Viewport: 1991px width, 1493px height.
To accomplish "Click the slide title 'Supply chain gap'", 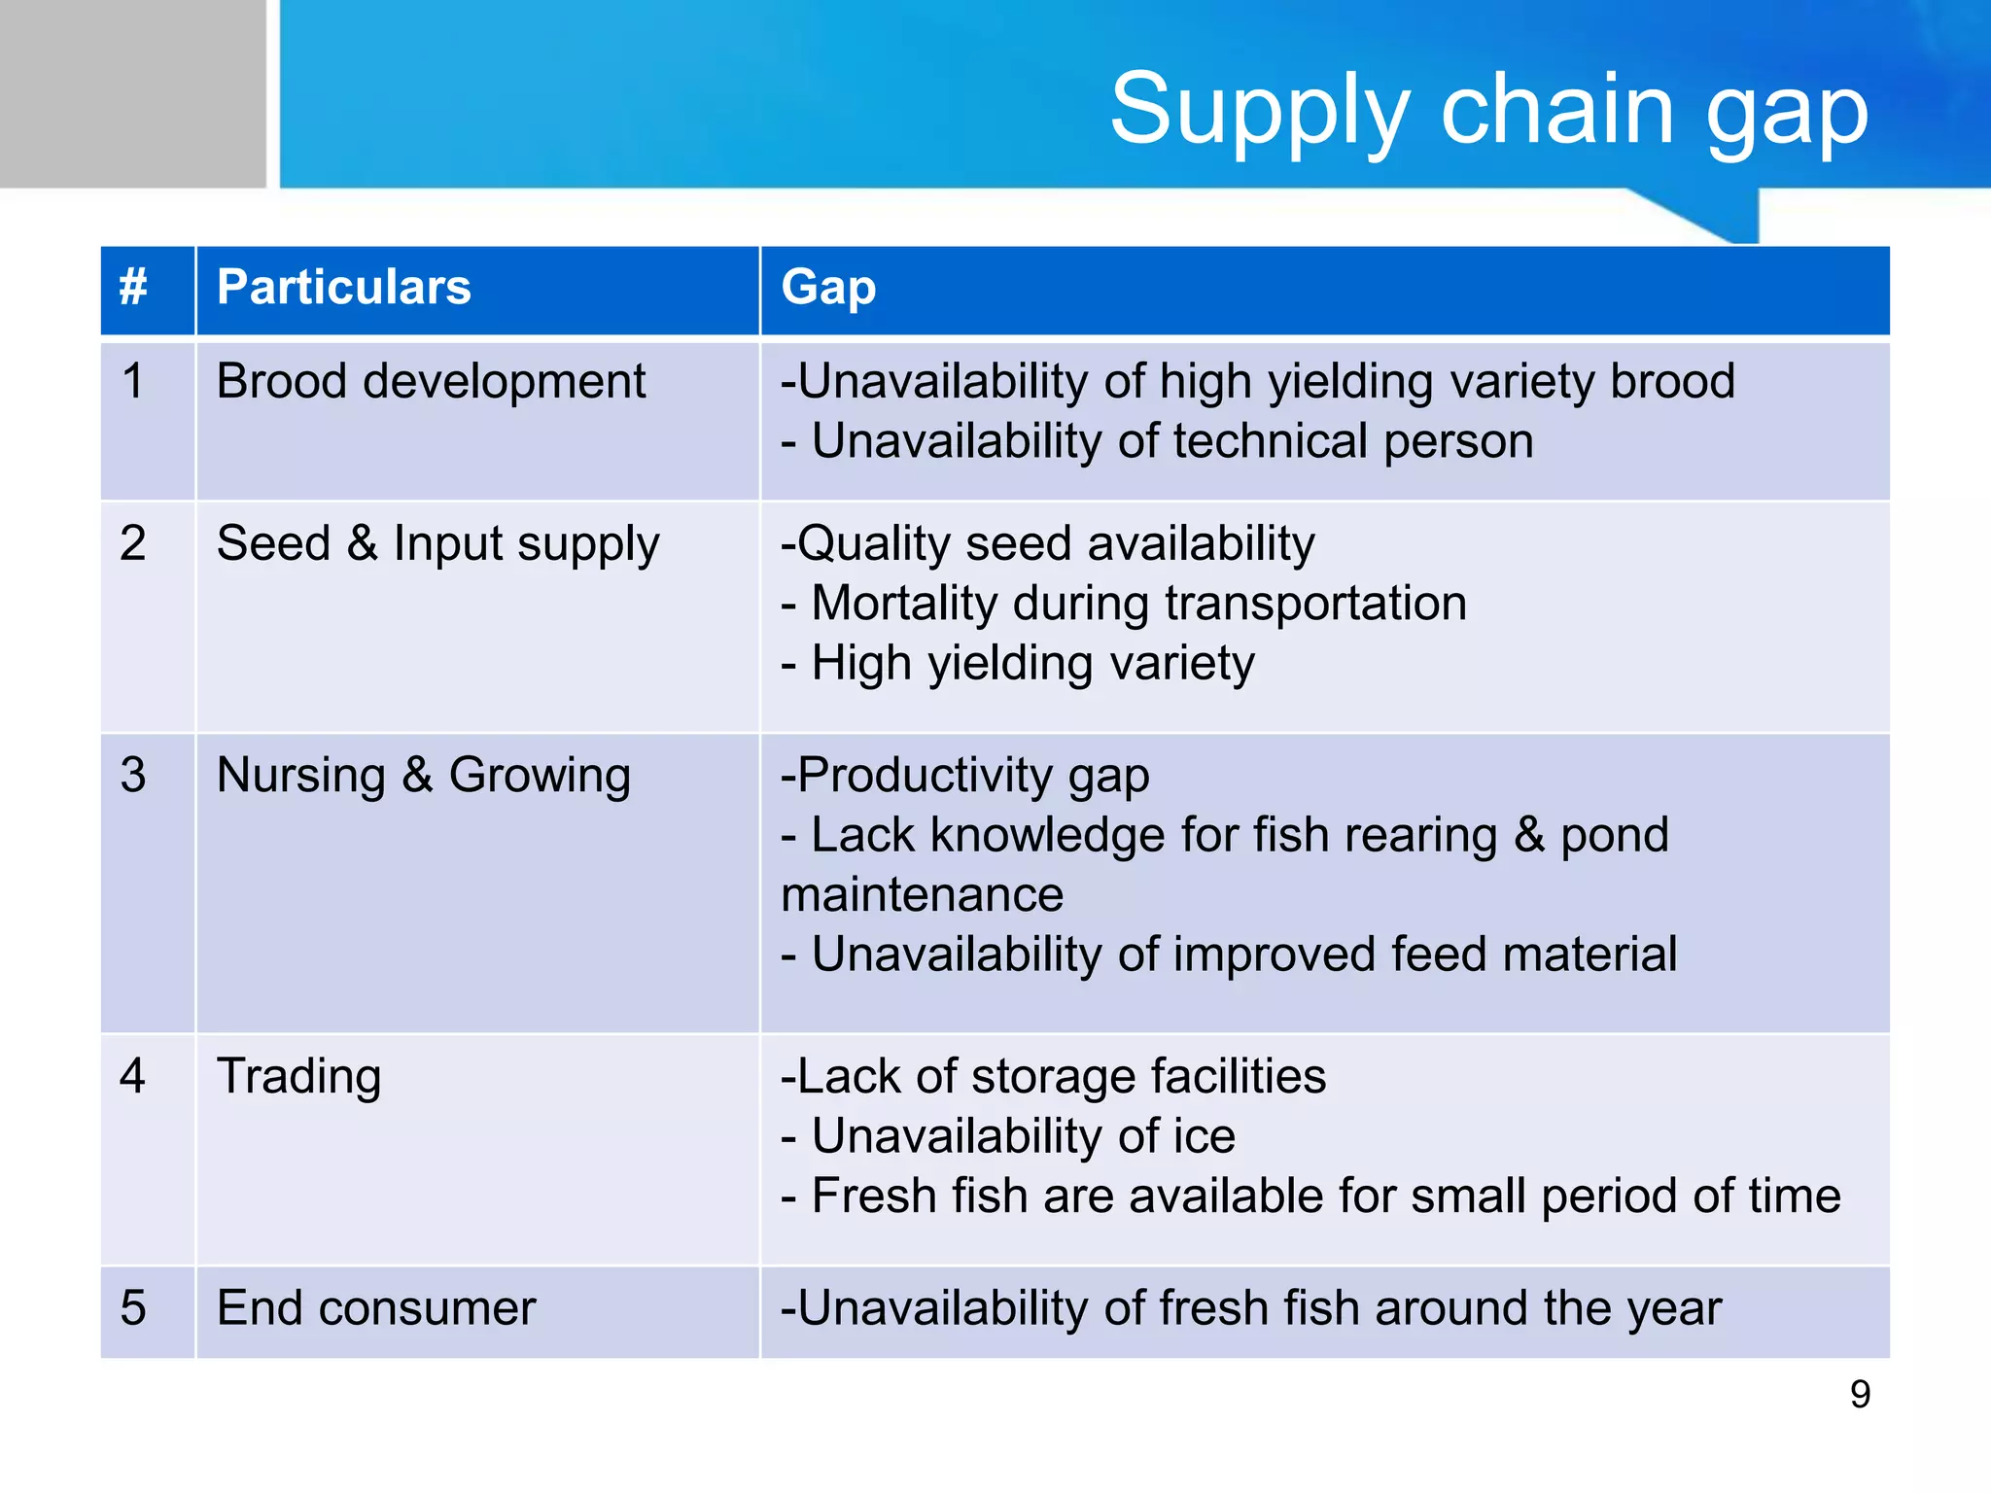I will (1488, 111).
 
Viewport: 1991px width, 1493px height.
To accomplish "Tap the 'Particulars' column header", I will (343, 288).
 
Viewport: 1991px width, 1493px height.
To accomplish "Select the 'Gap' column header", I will (828, 288).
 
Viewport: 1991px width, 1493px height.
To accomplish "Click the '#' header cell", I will (133, 288).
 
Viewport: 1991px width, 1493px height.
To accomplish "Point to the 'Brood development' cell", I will (431, 381).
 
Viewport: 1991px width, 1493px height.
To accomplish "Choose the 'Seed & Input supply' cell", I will (437, 543).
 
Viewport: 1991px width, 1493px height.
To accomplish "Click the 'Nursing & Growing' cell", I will (424, 776).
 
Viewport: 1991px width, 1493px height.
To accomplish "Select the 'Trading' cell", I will (298, 1077).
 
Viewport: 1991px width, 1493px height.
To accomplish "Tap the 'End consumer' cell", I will (376, 1308).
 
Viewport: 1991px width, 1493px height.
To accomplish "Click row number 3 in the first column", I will (133, 776).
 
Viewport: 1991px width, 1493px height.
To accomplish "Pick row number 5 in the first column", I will (133, 1308).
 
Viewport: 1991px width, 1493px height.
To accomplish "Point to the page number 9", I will (1859, 1395).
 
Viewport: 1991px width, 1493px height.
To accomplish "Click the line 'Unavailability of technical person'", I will (1157, 442).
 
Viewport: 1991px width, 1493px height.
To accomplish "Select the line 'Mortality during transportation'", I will (1124, 604).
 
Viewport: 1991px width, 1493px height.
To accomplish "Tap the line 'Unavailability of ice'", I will (1009, 1136).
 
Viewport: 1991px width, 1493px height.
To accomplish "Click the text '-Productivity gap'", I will (964, 776).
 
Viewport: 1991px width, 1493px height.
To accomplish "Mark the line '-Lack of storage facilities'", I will (1053, 1077).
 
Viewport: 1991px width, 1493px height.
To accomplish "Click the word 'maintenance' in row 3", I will (922, 895).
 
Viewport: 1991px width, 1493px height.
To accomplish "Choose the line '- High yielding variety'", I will (1018, 664).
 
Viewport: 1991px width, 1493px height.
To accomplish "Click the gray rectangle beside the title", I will (132, 93).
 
